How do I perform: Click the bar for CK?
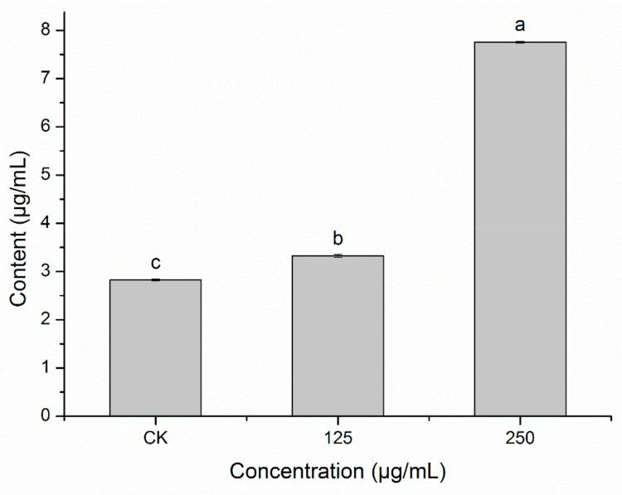[155, 347]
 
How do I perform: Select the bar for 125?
[338, 336]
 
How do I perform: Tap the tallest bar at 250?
[520, 229]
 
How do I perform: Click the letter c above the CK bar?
[155, 264]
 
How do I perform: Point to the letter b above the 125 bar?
[338, 240]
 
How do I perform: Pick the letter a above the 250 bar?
[520, 26]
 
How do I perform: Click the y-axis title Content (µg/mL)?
[20, 221]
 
